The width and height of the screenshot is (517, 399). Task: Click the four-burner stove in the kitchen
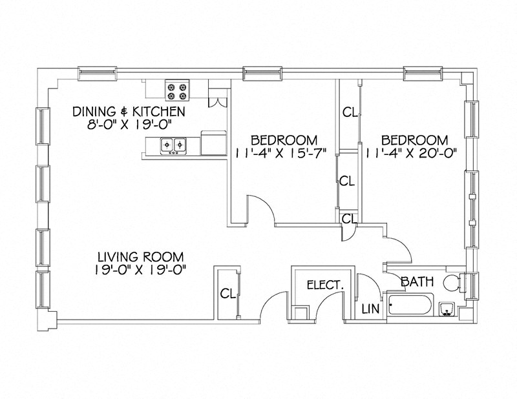pyautogui.click(x=176, y=90)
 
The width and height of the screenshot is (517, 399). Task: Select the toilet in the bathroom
pyautogui.click(x=450, y=283)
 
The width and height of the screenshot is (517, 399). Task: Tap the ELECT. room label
pyautogui.click(x=325, y=284)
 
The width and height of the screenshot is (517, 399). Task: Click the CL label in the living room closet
pyautogui.click(x=227, y=294)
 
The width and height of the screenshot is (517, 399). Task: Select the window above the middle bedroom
pyautogui.click(x=264, y=74)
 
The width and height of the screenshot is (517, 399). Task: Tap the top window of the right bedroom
pyautogui.click(x=424, y=74)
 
